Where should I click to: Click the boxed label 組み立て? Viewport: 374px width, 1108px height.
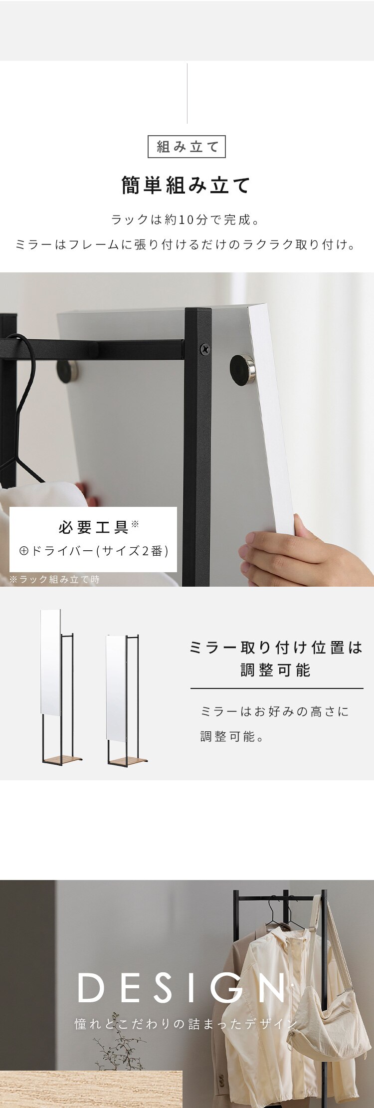click(x=187, y=147)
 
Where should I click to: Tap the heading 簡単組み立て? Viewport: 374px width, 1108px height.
click(x=187, y=186)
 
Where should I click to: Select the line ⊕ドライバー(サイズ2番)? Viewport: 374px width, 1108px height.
click(x=94, y=551)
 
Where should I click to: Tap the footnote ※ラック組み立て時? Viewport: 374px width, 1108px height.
click(x=55, y=579)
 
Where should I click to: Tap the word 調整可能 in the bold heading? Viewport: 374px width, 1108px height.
click(x=276, y=670)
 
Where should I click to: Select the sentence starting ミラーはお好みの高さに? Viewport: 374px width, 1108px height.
click(x=275, y=711)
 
